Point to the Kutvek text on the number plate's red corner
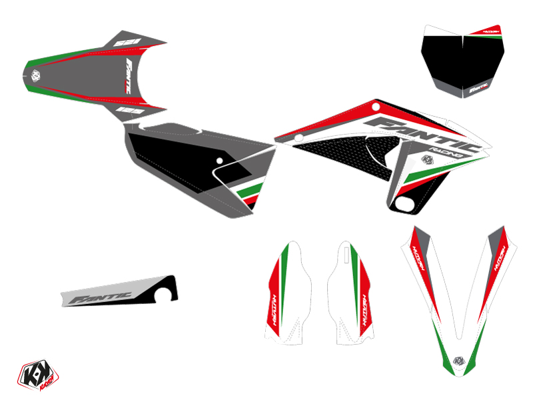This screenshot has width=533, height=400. pos(491,31)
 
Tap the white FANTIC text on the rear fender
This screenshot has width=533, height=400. pos(133,67)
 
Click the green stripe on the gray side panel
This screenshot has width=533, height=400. pos(249,197)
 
